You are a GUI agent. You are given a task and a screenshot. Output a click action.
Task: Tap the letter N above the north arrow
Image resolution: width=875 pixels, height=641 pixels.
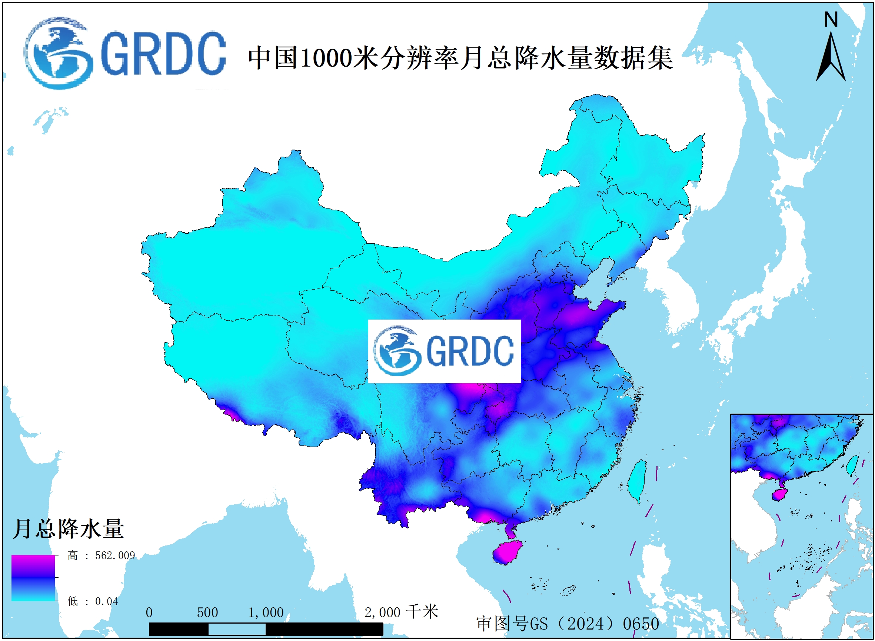831,19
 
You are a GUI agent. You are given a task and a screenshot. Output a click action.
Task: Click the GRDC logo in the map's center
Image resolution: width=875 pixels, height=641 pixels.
444,351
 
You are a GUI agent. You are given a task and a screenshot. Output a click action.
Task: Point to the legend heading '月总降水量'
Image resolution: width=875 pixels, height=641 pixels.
68,529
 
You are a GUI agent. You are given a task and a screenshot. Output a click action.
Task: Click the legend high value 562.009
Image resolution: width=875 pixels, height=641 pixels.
115,555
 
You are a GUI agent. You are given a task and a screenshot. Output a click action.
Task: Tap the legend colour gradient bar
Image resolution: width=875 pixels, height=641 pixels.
33,578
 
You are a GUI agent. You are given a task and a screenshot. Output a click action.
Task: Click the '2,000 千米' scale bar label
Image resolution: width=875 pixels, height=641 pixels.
401,612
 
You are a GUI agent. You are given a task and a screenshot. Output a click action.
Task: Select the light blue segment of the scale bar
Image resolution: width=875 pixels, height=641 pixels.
237,629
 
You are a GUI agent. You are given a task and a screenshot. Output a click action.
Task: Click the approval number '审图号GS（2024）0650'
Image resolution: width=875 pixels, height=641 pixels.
568,624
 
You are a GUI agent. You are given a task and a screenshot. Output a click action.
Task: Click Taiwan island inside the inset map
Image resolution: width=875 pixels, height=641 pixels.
852,465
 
